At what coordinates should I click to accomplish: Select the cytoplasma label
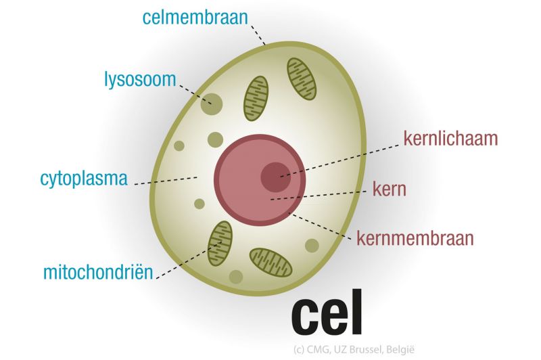tap(84, 180)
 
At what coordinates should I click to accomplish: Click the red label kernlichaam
tap(450, 139)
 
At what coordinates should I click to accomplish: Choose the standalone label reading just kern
tap(390, 189)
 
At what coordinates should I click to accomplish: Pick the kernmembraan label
tap(416, 238)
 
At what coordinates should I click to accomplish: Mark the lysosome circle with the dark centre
tap(212, 104)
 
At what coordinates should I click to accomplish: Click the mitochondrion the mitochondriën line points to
tap(219, 242)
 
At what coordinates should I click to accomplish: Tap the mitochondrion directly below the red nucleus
tap(271, 262)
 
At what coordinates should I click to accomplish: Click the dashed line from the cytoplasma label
tap(166, 181)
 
